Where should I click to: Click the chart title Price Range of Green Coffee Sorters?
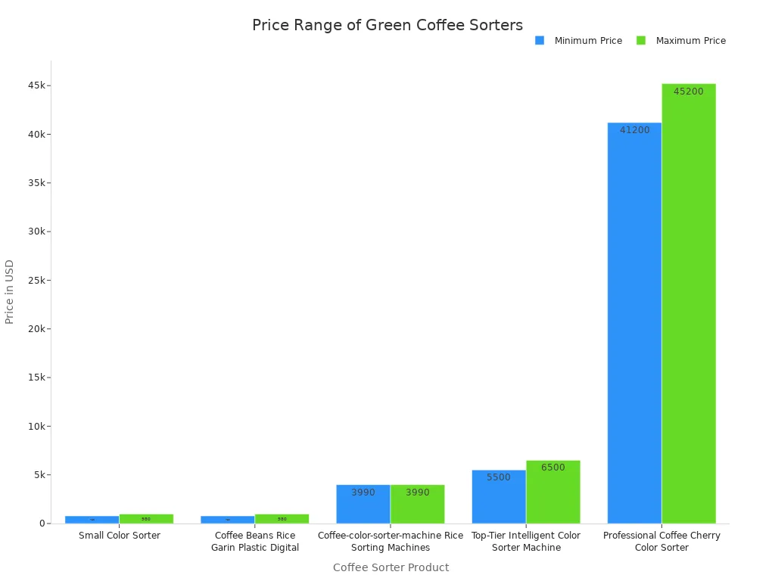click(x=387, y=25)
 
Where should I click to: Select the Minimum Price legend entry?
click(x=587, y=41)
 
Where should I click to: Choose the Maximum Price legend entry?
click(x=690, y=41)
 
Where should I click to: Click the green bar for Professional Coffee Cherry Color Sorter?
click(x=689, y=303)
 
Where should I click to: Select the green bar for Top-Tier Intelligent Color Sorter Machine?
click(x=553, y=492)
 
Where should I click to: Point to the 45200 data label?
click(x=688, y=92)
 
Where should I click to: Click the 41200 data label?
click(x=634, y=130)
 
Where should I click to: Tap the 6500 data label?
click(x=552, y=468)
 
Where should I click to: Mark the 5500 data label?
click(x=499, y=477)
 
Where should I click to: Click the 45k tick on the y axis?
click(x=36, y=85)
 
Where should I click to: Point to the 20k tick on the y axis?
click(x=36, y=329)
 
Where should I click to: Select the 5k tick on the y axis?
click(x=39, y=475)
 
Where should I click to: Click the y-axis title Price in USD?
click(x=10, y=291)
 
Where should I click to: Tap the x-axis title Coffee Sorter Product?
click(x=391, y=567)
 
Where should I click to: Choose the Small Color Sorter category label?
click(x=120, y=536)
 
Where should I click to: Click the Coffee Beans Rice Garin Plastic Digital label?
click(x=255, y=542)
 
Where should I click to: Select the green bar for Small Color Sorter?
click(x=146, y=519)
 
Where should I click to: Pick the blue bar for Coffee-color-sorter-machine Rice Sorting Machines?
click(x=363, y=504)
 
